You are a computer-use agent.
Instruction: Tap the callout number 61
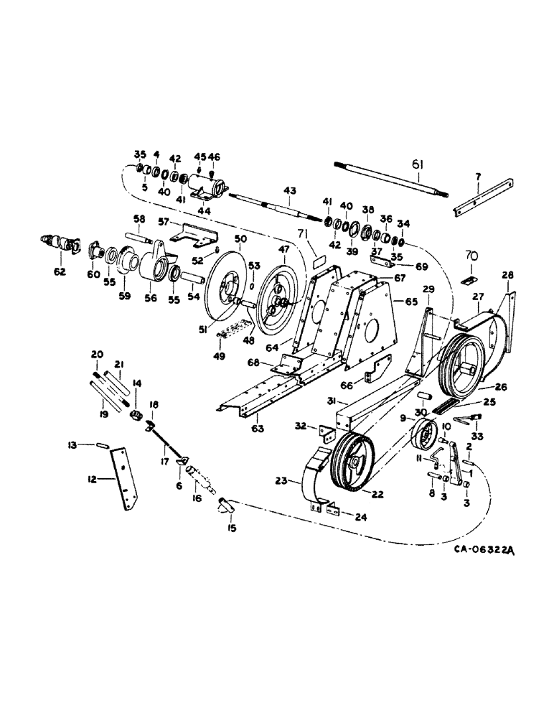click(x=418, y=165)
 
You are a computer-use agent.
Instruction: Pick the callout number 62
click(x=60, y=271)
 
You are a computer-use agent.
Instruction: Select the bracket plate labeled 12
click(x=125, y=478)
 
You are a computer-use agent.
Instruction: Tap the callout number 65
click(x=411, y=302)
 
